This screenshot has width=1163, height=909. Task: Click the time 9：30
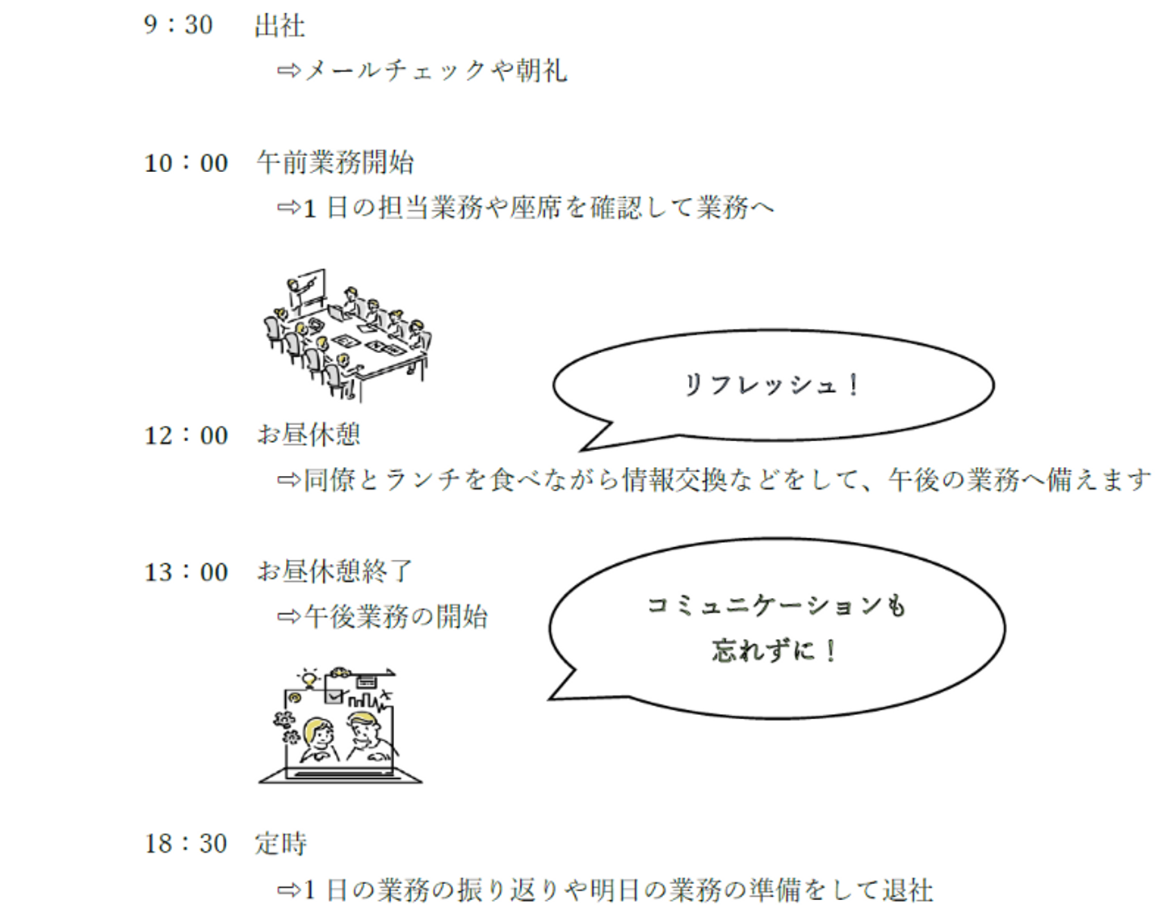[x=178, y=25]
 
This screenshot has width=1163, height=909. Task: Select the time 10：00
[x=187, y=162]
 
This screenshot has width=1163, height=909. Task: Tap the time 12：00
[x=187, y=435]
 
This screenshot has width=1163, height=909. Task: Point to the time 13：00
[x=187, y=572]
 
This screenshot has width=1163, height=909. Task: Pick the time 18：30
[x=186, y=844]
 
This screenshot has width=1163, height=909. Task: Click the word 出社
[x=280, y=26]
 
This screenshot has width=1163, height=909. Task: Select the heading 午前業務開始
[x=335, y=162]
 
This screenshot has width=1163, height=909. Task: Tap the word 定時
[x=281, y=844]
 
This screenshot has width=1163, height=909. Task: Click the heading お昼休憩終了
[x=335, y=571]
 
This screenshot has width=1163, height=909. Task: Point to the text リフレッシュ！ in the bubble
[x=772, y=385]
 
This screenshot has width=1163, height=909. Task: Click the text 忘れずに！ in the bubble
[x=774, y=651]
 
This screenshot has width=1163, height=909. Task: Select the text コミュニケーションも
[x=777, y=606]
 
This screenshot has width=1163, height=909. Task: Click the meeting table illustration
[x=348, y=335]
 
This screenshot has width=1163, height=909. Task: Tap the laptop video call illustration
[x=340, y=726]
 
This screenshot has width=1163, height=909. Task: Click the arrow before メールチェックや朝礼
[x=290, y=70]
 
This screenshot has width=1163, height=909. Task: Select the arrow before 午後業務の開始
[x=290, y=617]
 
